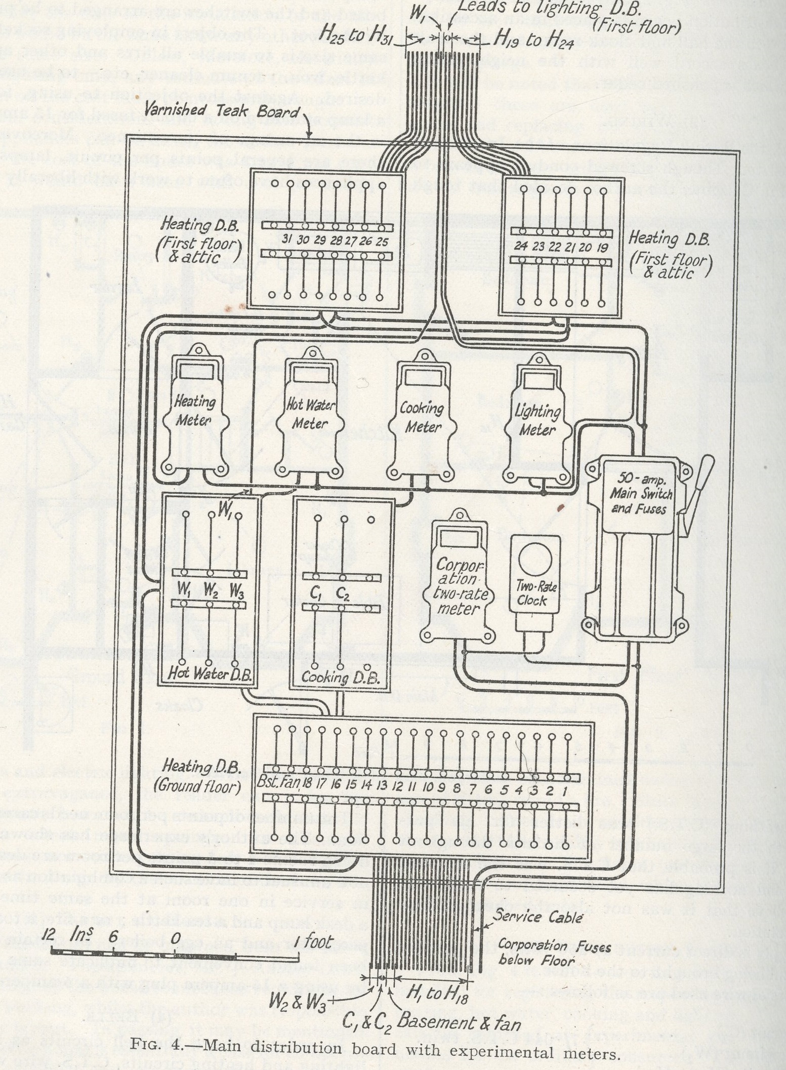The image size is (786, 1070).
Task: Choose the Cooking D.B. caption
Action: [x=340, y=678]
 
